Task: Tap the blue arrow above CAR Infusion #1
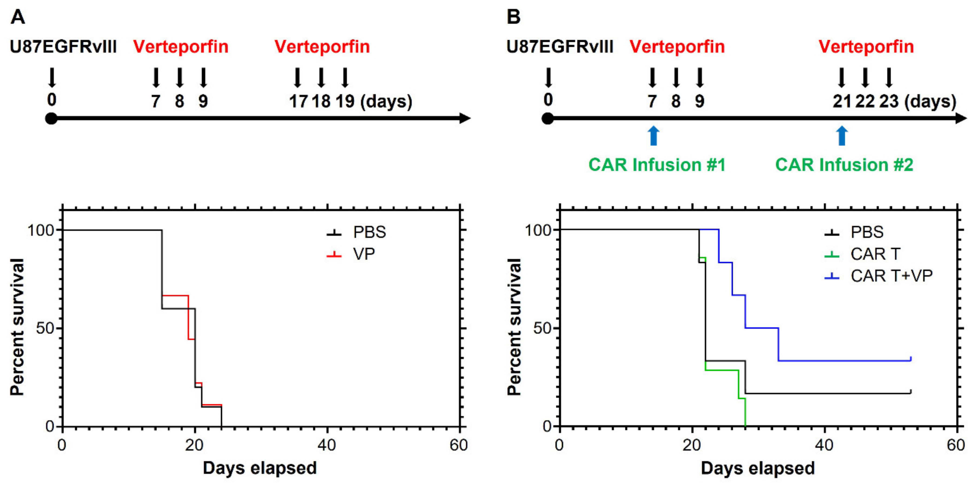653,136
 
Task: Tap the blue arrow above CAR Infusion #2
842,136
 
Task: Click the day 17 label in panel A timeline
298,101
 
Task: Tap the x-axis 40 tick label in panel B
824,445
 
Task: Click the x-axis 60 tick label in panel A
459,445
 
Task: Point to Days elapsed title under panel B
757,468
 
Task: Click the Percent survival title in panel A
17,327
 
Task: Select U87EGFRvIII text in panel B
560,47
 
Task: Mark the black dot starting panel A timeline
51,119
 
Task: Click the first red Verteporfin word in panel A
181,47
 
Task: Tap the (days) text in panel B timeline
930,101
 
